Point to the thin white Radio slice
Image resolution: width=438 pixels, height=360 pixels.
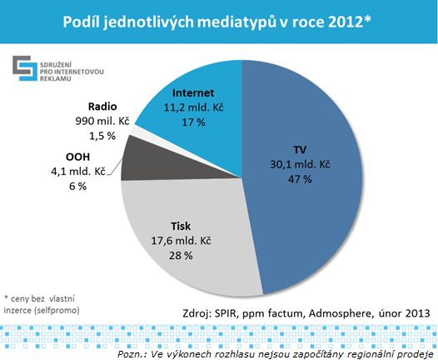click(132, 138)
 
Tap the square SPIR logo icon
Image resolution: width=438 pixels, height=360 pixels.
click(22, 67)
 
